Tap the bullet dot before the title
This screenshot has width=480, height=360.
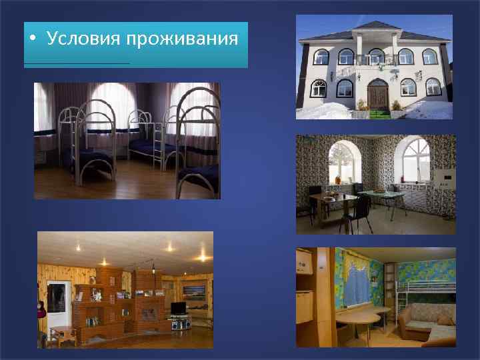click(x=33, y=38)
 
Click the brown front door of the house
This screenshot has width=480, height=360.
click(x=377, y=95)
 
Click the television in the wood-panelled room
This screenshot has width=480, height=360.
click(x=177, y=308)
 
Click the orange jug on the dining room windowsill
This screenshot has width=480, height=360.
click(x=338, y=180)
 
